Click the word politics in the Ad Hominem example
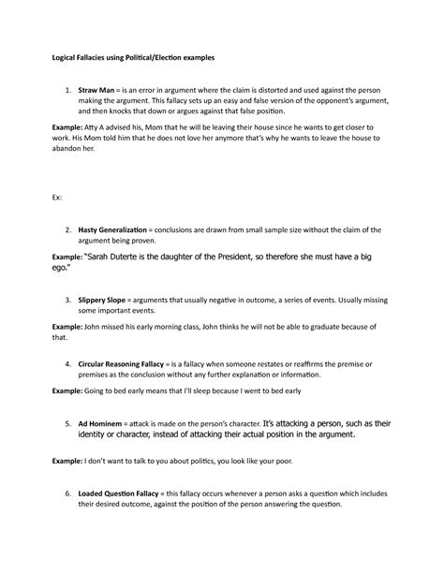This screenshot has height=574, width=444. click(216, 463)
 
